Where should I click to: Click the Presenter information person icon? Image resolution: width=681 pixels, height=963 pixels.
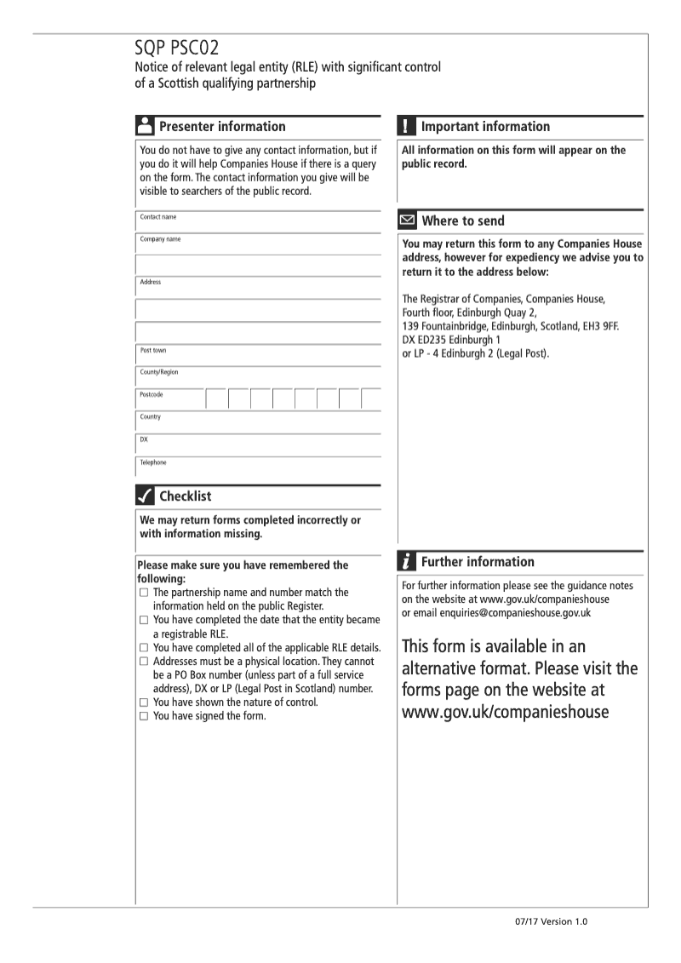click(145, 127)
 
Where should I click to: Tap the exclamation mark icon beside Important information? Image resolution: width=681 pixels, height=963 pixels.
click(407, 127)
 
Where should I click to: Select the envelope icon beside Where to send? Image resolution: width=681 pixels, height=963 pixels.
click(408, 221)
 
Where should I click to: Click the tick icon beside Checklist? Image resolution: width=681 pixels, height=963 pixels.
click(145, 496)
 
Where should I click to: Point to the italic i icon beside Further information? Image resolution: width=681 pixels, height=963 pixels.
click(407, 562)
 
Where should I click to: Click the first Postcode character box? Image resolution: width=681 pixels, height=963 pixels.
click(216, 398)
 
